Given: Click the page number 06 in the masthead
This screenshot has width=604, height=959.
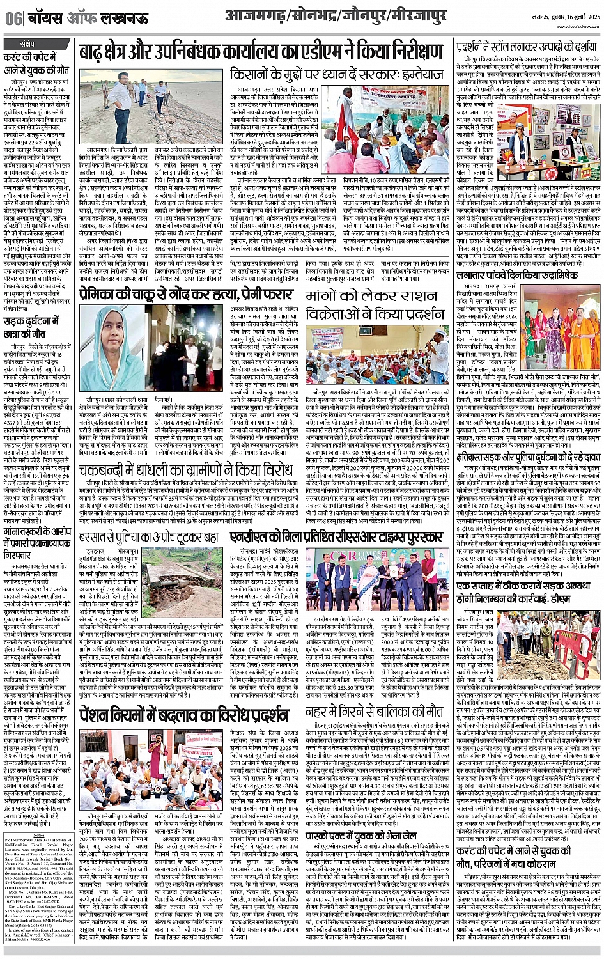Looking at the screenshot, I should (12, 19).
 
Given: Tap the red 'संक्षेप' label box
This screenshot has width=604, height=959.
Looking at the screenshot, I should (28, 43).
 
